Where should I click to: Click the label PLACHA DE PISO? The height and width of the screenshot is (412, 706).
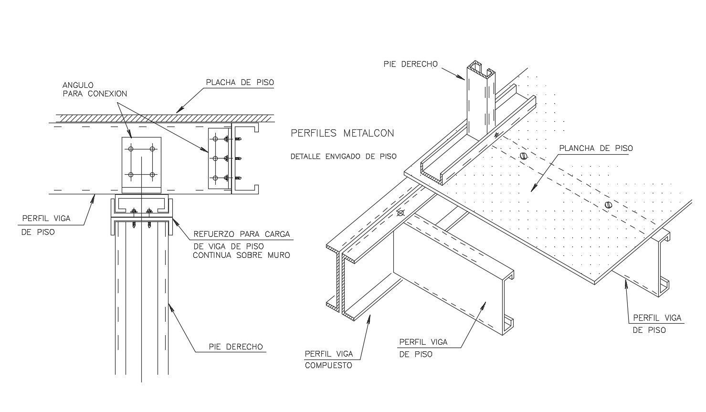[240, 82]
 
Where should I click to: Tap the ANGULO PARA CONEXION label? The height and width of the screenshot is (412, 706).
[95, 89]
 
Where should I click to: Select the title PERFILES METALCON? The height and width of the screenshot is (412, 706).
[342, 133]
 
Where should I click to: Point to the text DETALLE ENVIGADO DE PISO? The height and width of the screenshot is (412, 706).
[343, 156]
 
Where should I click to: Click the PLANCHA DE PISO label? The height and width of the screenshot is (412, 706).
[596, 148]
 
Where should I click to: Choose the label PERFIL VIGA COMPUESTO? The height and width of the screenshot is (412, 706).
[328, 359]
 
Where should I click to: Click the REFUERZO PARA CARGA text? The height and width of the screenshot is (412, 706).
[241, 234]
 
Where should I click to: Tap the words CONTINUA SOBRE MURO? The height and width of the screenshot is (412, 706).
[241, 255]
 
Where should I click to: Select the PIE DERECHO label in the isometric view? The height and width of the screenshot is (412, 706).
[411, 64]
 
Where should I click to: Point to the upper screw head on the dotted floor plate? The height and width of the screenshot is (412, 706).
[524, 156]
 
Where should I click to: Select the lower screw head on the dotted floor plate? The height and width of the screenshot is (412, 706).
[608, 205]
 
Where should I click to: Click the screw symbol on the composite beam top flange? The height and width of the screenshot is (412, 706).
[400, 213]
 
